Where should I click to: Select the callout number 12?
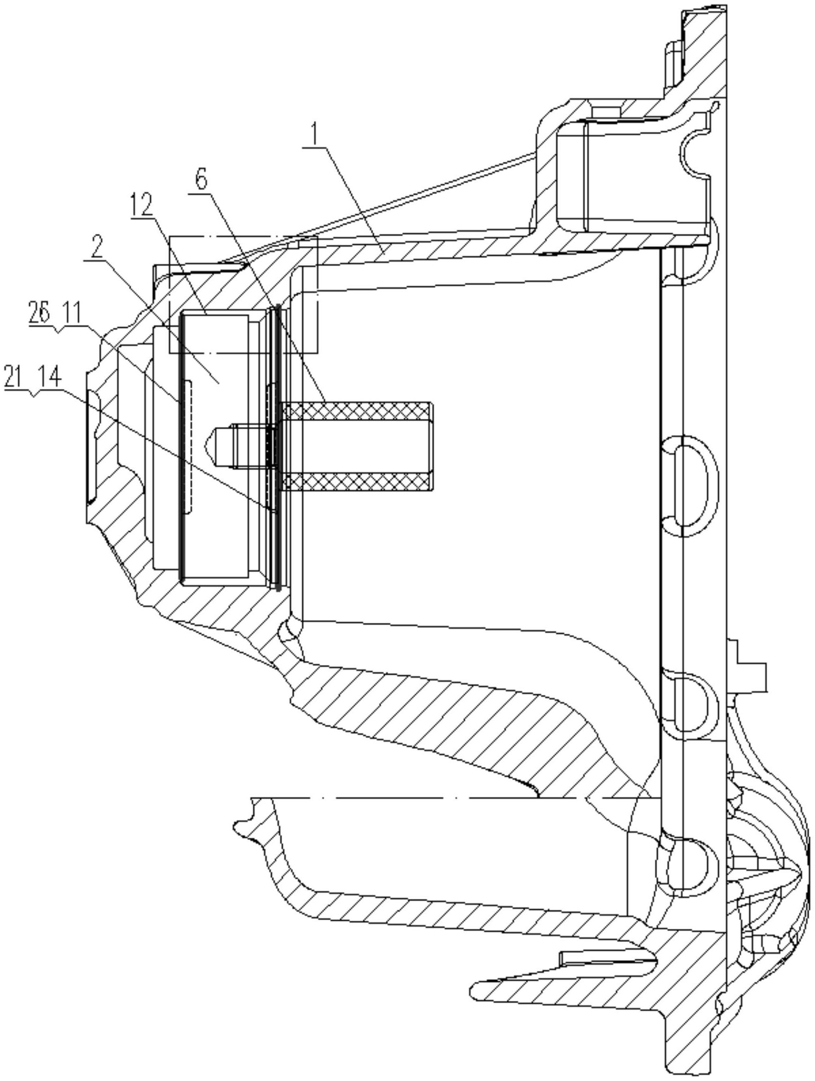pos(141,206)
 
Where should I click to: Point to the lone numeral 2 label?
pos(97,249)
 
